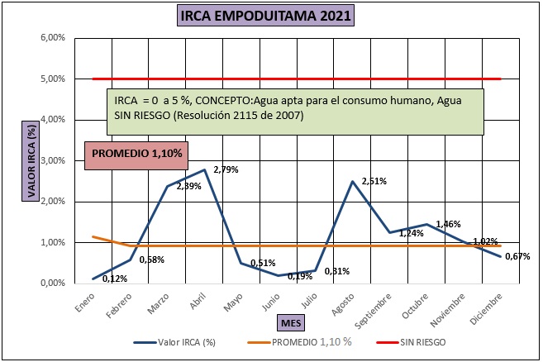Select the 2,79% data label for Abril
(226, 169)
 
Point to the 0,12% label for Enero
(114, 278)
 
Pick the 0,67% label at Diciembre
(517, 256)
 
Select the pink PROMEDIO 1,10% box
(137, 154)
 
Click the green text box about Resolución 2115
(295, 108)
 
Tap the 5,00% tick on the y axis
(53, 79)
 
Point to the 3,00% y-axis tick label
(53, 160)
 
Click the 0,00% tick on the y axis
(53, 283)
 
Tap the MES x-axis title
(290, 321)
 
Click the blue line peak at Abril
(203, 169)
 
